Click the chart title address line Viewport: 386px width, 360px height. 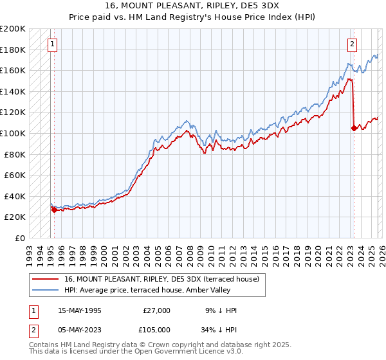point(192,6)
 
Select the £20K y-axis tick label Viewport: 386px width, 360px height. point(15,217)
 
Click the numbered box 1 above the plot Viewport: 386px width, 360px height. point(52,44)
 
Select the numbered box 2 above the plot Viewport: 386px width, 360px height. point(353,44)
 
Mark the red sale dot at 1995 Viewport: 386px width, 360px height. point(54,210)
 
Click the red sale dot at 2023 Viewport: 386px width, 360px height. point(353,128)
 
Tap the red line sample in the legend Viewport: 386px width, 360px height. point(46,279)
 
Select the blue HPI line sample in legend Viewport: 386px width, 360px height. point(46,290)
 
